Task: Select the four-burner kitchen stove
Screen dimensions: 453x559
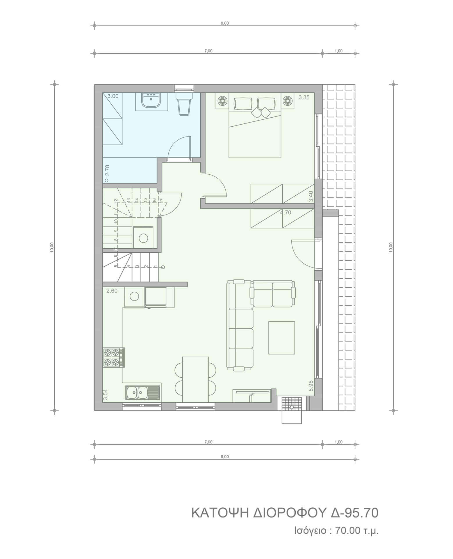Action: (x=114, y=357)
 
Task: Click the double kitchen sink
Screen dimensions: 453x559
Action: (x=143, y=392)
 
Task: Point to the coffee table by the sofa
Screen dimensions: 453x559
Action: (x=281, y=338)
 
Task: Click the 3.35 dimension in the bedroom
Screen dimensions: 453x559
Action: (x=304, y=98)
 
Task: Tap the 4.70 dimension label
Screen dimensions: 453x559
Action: (x=286, y=213)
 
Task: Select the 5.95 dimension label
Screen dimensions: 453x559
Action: (x=311, y=385)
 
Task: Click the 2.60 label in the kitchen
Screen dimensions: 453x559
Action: (x=112, y=291)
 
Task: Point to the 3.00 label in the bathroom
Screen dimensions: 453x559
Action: (x=113, y=96)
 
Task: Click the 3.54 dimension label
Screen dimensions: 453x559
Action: (x=106, y=395)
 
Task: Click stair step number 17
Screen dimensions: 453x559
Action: (x=162, y=201)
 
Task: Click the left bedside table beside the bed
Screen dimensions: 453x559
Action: (x=222, y=101)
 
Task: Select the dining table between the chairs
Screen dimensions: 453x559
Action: (x=195, y=380)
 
